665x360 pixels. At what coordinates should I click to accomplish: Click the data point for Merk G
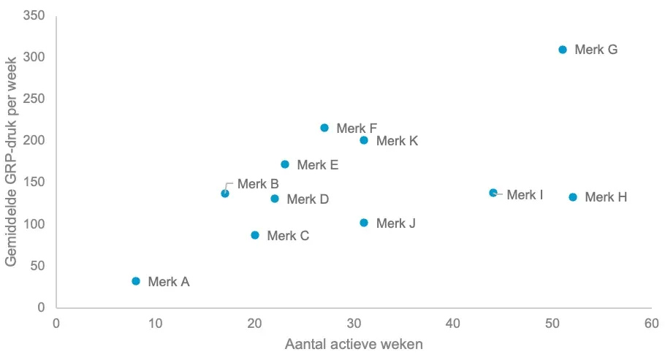click(x=563, y=50)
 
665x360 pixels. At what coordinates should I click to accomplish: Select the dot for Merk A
click(x=136, y=281)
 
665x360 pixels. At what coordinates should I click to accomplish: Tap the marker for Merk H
click(x=573, y=197)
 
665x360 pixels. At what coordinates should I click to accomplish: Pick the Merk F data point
click(x=324, y=128)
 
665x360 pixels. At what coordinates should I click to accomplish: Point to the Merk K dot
click(x=364, y=140)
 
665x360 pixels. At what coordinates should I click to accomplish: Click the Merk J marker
click(x=364, y=223)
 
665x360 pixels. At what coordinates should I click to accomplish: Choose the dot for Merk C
click(x=255, y=235)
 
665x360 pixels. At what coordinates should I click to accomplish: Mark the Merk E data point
click(x=285, y=164)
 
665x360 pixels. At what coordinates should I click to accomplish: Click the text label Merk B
click(x=258, y=184)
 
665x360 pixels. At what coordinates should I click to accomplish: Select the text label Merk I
click(x=525, y=195)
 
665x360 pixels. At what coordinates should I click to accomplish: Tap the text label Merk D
click(x=308, y=199)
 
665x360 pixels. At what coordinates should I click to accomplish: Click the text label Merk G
click(x=596, y=50)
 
